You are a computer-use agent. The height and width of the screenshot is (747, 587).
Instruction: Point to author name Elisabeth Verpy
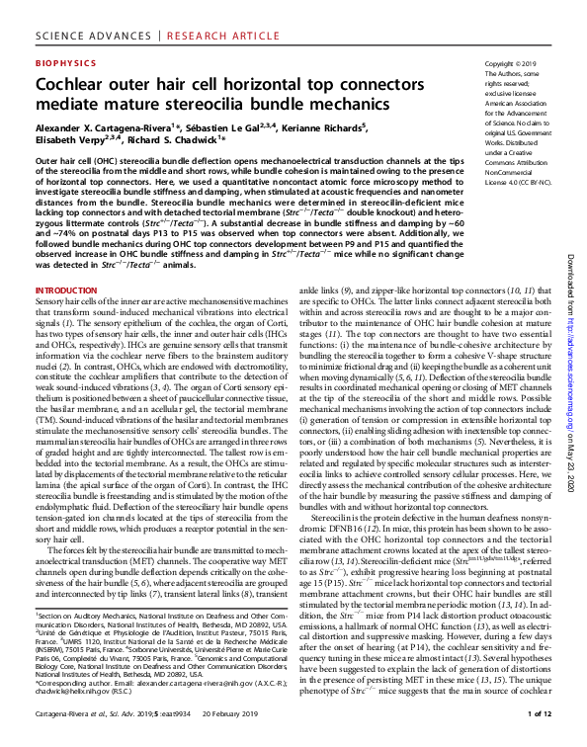tap(70, 140)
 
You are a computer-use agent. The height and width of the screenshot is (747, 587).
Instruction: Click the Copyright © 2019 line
tap(509, 62)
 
